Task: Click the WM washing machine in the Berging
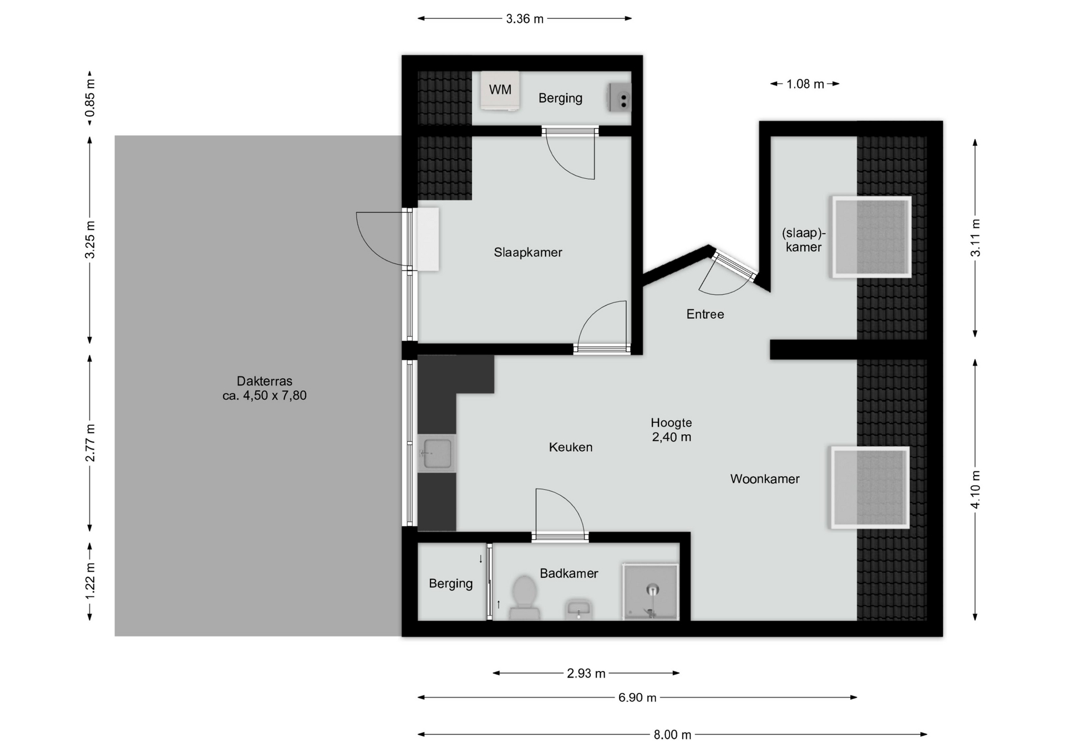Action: click(500, 91)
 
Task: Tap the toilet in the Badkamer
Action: click(524, 596)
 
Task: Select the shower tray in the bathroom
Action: click(651, 592)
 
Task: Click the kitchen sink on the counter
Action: click(437, 454)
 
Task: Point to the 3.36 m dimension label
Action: click(524, 19)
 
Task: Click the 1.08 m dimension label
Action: click(805, 84)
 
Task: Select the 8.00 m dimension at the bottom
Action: click(672, 735)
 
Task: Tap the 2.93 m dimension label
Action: click(586, 673)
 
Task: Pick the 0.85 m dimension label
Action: click(90, 98)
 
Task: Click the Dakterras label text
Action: click(264, 388)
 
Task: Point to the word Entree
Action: click(705, 314)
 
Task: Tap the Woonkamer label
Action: click(764, 479)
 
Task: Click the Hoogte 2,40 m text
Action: click(671, 430)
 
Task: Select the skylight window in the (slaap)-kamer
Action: click(871, 237)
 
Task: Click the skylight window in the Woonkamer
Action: click(869, 487)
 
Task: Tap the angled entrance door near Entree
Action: click(733, 268)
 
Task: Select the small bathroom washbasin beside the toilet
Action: click(579, 609)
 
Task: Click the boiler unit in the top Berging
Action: click(620, 98)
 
